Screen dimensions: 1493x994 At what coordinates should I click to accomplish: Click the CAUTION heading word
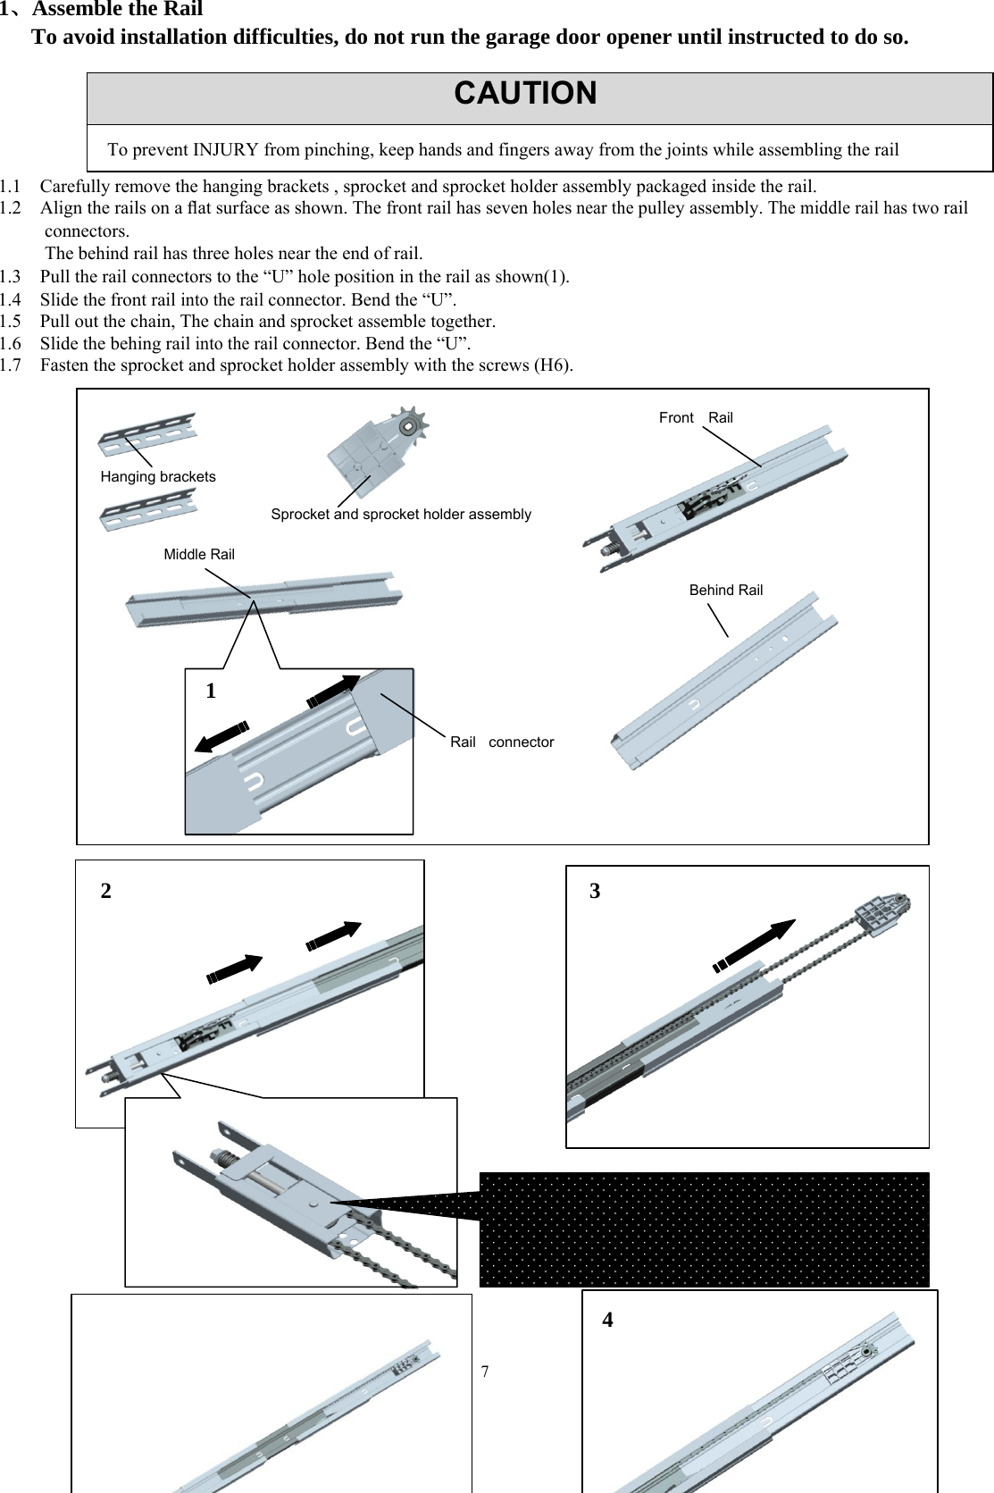click(x=525, y=94)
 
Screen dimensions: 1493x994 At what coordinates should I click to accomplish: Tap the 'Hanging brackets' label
click(x=158, y=477)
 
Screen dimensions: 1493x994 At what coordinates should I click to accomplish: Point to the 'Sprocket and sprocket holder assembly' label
click(x=401, y=515)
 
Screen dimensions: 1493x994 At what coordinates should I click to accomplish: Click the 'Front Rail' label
click(x=696, y=418)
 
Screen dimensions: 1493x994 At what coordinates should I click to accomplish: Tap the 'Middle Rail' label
click(x=199, y=555)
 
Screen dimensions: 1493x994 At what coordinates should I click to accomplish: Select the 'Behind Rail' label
click(x=726, y=591)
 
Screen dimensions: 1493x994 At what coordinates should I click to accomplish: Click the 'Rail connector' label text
click(x=502, y=742)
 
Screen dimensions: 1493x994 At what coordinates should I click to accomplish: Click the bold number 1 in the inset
click(x=211, y=691)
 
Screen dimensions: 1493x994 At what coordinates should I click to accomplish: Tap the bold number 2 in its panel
click(x=106, y=892)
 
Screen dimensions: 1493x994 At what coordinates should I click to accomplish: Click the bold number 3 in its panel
click(x=595, y=892)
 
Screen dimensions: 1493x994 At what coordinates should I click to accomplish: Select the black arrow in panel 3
click(x=756, y=945)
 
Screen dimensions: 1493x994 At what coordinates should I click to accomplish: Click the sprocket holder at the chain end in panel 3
click(x=881, y=913)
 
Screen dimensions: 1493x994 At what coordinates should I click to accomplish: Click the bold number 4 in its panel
click(x=607, y=1321)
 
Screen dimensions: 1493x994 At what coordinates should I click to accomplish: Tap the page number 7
click(x=485, y=1371)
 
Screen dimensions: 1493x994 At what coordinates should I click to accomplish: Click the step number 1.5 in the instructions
click(x=11, y=322)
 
